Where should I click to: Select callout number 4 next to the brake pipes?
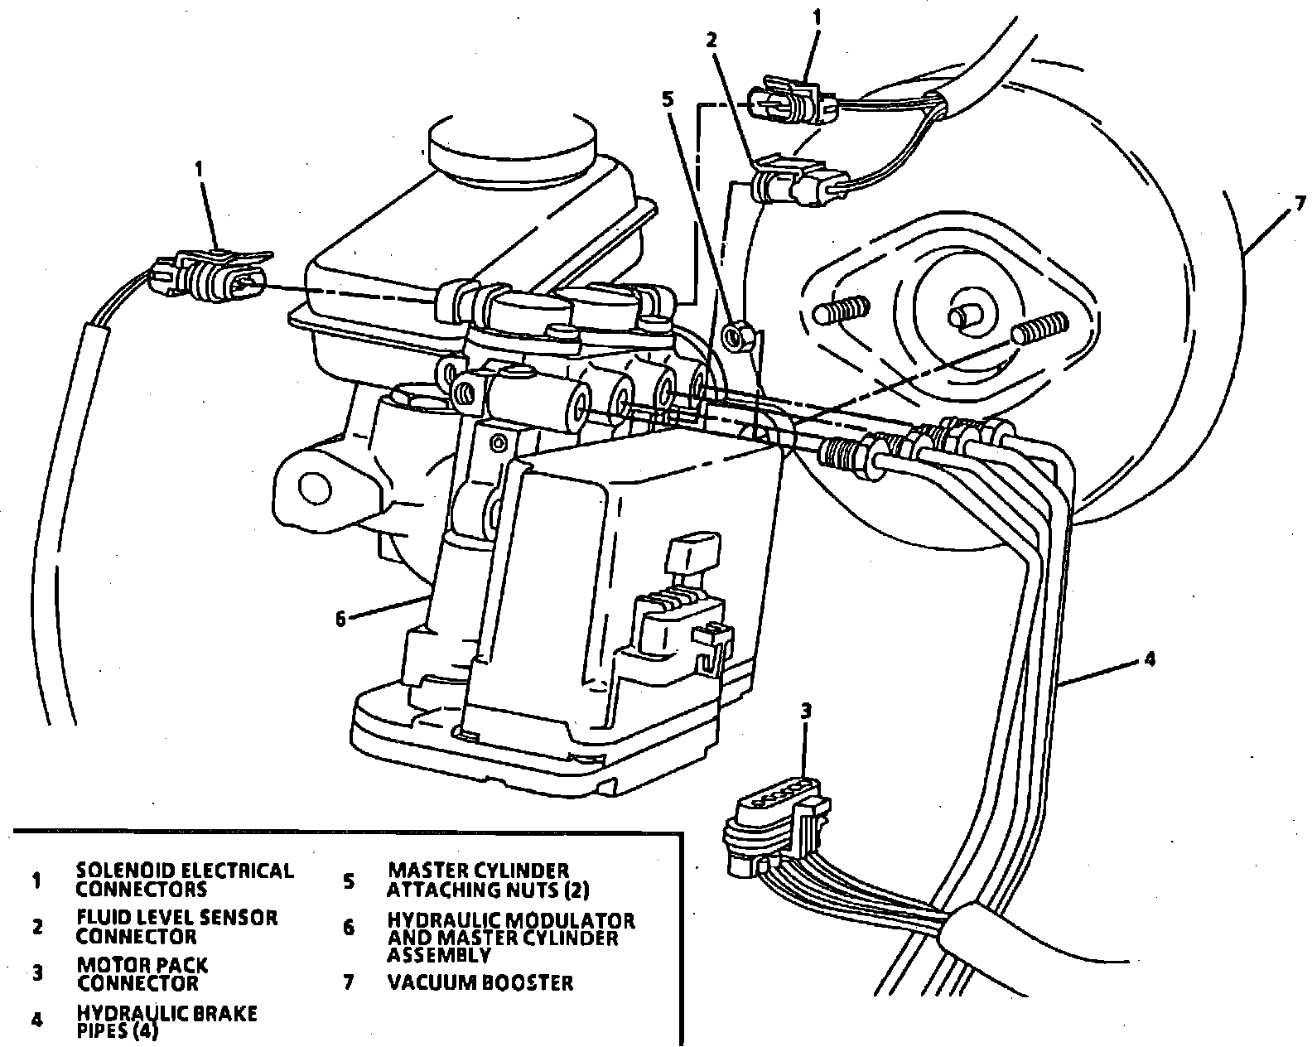click(x=1149, y=659)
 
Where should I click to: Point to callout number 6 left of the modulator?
click(x=340, y=619)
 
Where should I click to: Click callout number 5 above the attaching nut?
click(x=668, y=99)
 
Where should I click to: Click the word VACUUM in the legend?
click(x=428, y=983)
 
